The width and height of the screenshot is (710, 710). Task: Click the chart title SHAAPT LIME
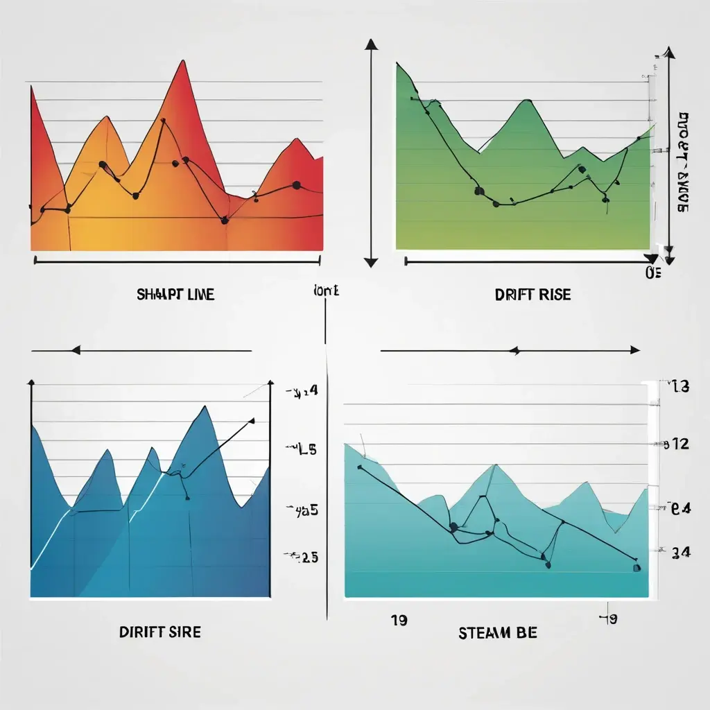tap(175, 295)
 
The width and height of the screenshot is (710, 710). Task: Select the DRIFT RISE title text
tap(532, 295)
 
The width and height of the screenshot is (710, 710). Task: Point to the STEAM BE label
tap(497, 632)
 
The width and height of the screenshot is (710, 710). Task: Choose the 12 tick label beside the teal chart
tap(676, 444)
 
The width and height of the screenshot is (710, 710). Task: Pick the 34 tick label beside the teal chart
tap(680, 552)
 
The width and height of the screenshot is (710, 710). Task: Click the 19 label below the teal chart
tap(398, 620)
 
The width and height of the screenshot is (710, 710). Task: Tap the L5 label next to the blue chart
tap(302, 449)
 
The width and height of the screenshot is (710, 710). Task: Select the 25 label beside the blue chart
tap(303, 557)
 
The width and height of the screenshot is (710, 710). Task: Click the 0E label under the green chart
tap(652, 273)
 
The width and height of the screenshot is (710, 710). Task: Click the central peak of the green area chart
tap(528, 101)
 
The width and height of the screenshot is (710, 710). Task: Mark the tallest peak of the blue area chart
tap(203, 408)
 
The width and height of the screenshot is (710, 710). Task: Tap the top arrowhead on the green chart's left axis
tap(372, 44)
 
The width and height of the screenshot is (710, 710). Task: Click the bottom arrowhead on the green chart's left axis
tap(372, 262)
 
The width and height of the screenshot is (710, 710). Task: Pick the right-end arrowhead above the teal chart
tap(634, 350)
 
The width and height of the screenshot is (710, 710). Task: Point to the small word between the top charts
tap(327, 291)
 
